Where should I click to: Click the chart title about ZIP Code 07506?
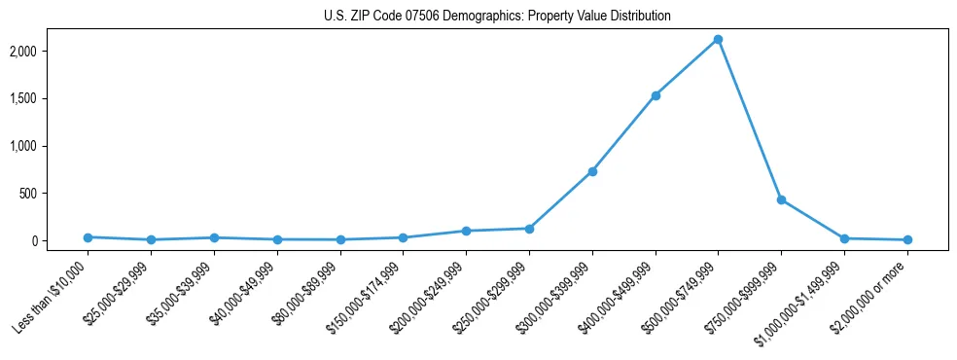497,17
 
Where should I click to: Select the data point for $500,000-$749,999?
718,40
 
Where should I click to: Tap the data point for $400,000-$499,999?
656,95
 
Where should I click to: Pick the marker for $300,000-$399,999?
592,171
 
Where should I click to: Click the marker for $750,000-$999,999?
781,199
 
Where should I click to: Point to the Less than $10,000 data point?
88,237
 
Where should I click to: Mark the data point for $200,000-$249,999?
466,231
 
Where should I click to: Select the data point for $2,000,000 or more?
907,239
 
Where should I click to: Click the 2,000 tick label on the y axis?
51,51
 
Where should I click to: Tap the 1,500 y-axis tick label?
51,98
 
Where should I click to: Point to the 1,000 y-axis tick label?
51,146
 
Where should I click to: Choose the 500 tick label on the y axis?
56,194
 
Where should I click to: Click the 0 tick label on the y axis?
62,241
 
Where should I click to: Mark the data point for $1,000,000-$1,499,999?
844,238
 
